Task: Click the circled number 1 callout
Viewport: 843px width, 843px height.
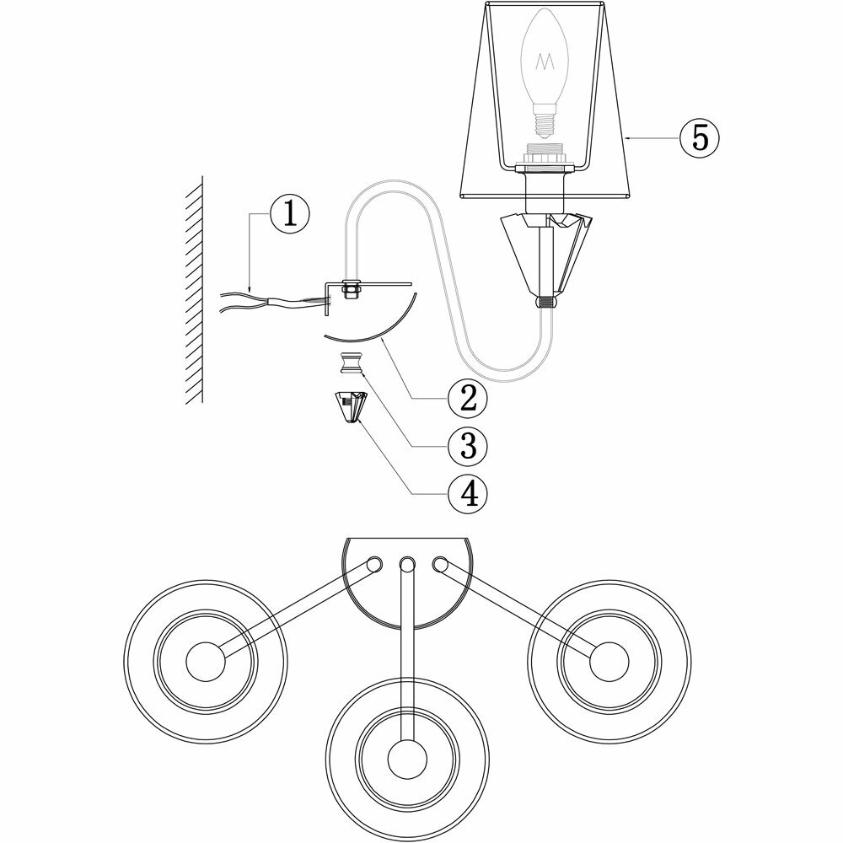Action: tap(289, 214)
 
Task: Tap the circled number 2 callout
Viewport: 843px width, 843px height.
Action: tap(469, 397)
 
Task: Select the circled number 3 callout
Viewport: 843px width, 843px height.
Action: tap(469, 445)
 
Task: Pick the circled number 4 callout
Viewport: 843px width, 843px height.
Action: tap(469, 492)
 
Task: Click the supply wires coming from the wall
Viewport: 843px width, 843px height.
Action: tap(253, 302)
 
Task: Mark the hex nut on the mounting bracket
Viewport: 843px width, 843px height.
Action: tap(347, 291)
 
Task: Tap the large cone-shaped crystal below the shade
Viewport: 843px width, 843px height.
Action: tap(544, 253)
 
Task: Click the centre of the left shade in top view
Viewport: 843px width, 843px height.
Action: tap(204, 660)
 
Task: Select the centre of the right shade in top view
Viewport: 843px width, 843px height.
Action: tap(606, 660)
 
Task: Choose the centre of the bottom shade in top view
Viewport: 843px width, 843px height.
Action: tap(406, 750)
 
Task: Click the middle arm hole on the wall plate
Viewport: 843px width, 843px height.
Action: tap(407, 564)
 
